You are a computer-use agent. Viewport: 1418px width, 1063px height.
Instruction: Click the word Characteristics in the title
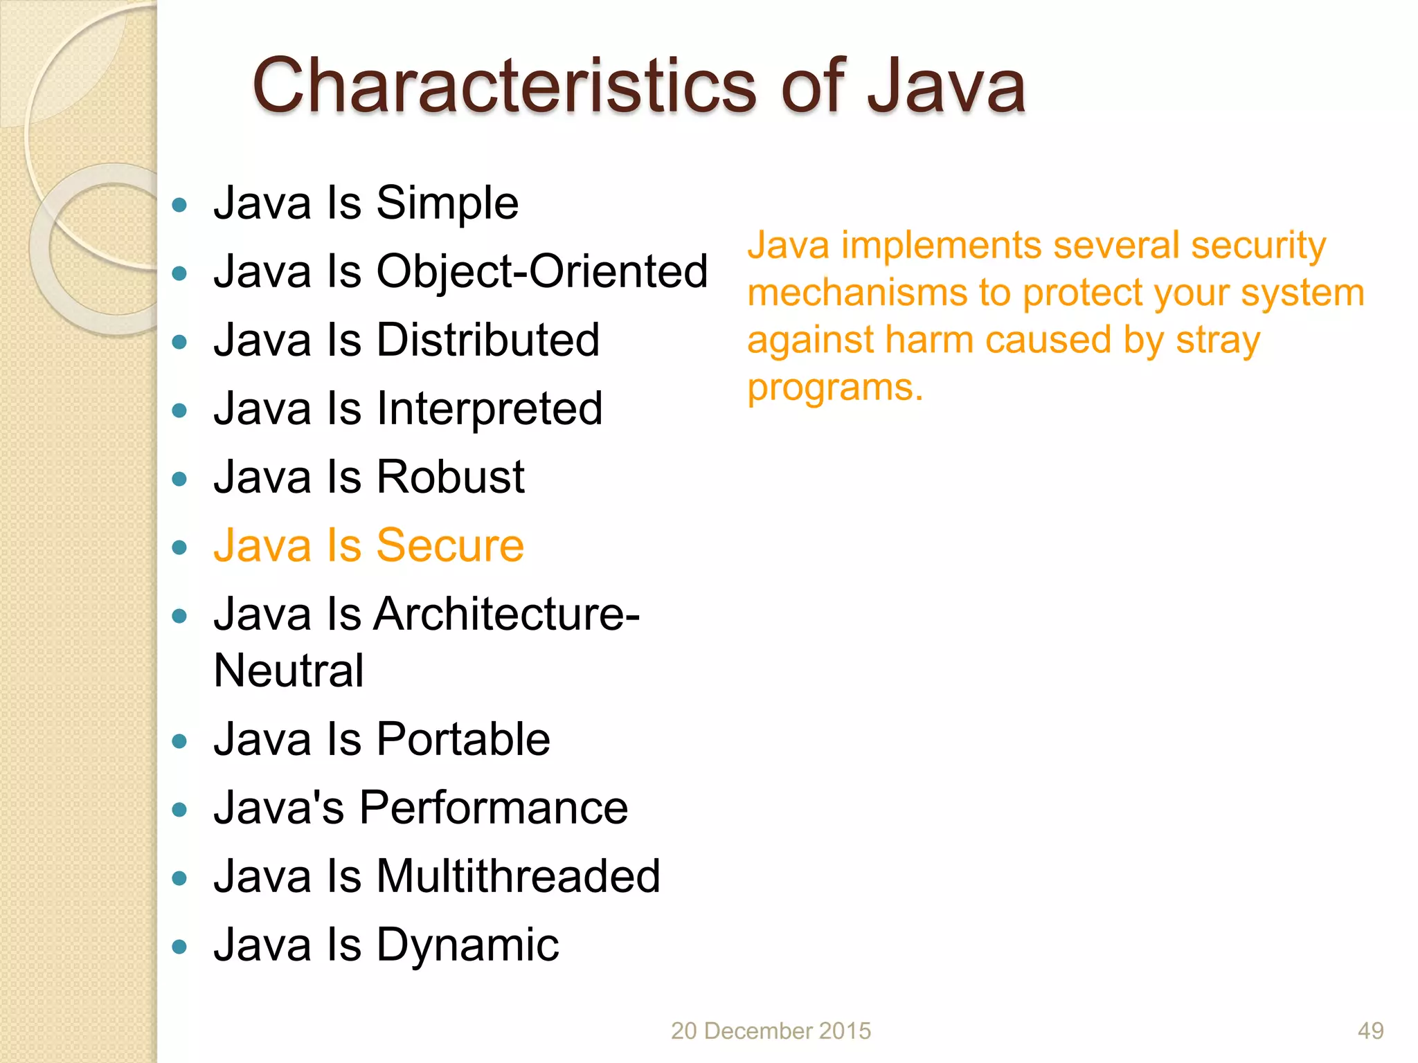[x=504, y=87]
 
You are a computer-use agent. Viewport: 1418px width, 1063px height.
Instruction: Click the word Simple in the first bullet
[x=447, y=203]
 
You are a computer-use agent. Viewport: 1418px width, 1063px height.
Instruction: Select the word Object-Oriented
[x=542, y=271]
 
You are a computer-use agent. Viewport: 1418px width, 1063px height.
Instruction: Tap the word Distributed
[x=487, y=340]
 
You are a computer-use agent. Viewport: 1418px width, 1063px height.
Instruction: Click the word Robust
[x=450, y=477]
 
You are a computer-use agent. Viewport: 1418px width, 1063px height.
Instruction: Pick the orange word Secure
[x=450, y=545]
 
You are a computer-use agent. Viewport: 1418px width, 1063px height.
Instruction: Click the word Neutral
[x=289, y=671]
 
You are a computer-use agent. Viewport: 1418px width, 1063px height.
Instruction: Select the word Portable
[x=463, y=739]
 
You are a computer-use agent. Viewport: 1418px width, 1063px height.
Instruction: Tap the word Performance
[x=493, y=808]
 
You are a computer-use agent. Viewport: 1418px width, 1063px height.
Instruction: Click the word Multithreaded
[x=518, y=876]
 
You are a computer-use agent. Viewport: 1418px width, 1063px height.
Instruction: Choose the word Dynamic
[x=467, y=945]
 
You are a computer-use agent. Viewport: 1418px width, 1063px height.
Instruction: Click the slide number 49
[x=1370, y=1031]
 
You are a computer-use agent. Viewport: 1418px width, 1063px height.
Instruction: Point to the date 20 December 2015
[x=771, y=1031]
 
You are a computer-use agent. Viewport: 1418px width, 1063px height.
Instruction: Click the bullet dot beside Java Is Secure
[x=180, y=548]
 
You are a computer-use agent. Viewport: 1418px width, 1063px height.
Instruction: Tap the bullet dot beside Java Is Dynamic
[x=180, y=947]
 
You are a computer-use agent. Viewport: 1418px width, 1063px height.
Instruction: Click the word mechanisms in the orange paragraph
[x=856, y=293]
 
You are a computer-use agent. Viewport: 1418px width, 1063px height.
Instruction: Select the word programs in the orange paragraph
[x=834, y=388]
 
